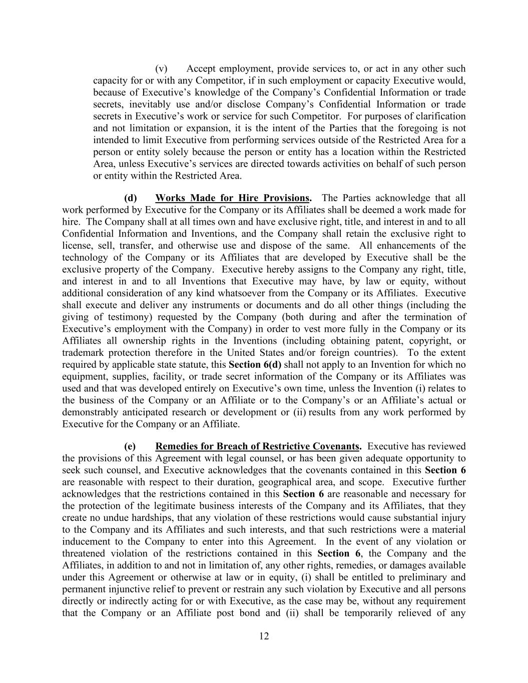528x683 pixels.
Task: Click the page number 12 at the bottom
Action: [x=264, y=636]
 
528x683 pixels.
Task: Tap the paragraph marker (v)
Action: [x=161, y=69]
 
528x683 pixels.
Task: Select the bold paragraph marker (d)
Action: [x=130, y=198]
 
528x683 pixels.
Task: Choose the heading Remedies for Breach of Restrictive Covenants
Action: [x=258, y=446]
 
